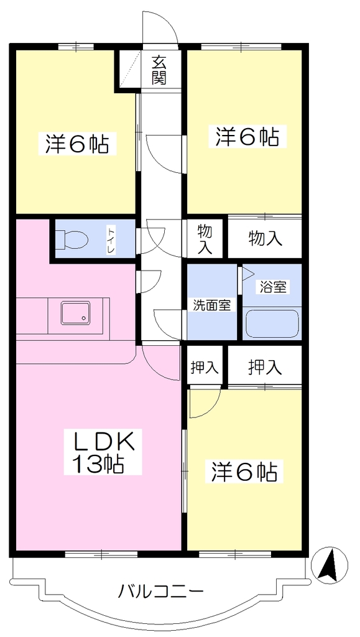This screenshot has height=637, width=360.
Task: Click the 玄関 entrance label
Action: tap(160, 70)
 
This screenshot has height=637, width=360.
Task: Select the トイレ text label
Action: tap(111, 241)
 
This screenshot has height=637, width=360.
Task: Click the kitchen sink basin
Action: tap(76, 313)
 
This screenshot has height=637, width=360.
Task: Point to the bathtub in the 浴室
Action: tap(272, 323)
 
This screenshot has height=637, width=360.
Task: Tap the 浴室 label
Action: tap(272, 287)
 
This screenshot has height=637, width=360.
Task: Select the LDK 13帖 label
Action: tap(103, 452)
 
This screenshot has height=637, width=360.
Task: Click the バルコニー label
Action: tap(160, 592)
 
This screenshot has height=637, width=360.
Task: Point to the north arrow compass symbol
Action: tap(329, 565)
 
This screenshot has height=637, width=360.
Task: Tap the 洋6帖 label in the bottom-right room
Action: tap(244, 472)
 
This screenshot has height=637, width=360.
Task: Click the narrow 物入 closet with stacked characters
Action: tap(205, 239)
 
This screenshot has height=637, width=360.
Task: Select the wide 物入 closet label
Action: tap(265, 239)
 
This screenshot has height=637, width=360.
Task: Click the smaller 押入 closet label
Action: tap(205, 368)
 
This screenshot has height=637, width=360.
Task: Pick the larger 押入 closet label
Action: tap(265, 367)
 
